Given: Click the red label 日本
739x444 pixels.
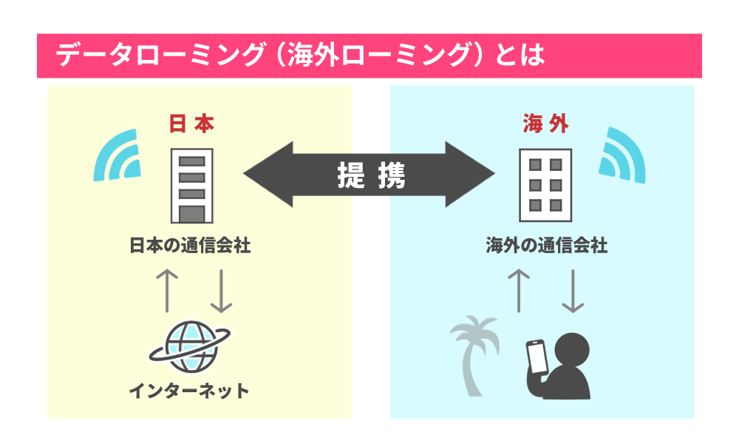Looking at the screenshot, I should [191, 124].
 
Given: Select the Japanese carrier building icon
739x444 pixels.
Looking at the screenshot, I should [191, 185].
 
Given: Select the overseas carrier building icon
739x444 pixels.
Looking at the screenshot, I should [545, 185].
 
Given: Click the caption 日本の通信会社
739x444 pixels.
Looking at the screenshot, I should [190, 245].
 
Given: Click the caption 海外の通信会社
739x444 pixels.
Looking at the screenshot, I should [547, 245].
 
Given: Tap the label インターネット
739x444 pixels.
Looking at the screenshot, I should [189, 390].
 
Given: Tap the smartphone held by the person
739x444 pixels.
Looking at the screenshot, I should [537, 357].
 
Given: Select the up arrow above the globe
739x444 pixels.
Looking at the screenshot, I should [168, 289].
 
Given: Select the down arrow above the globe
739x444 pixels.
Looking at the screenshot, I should [221, 289].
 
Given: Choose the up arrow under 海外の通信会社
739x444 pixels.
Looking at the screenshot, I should [520, 289].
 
